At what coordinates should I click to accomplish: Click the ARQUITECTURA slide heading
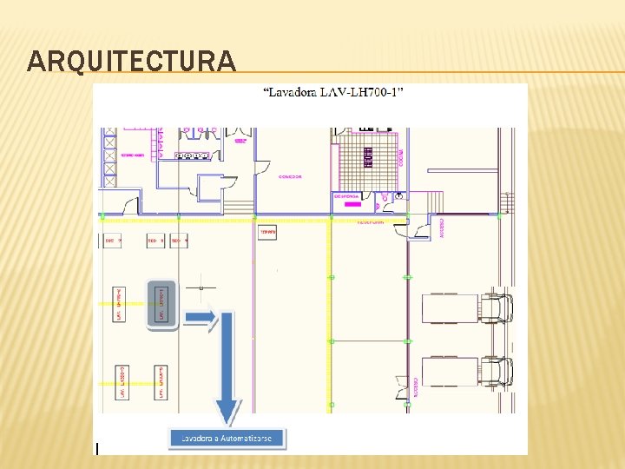(x=131, y=61)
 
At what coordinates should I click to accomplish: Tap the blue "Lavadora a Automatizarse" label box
(x=226, y=439)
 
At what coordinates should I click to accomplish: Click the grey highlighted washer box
(x=161, y=304)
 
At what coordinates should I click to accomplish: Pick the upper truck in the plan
(x=466, y=307)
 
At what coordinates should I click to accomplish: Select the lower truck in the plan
(x=466, y=371)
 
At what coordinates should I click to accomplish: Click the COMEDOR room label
(x=290, y=176)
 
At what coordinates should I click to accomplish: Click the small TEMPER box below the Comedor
(x=267, y=233)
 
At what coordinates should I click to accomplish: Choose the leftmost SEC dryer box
(x=114, y=240)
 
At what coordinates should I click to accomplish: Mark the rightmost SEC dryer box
(x=181, y=240)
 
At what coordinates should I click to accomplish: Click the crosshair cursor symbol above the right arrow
(x=201, y=286)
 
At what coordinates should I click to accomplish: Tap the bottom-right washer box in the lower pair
(x=160, y=382)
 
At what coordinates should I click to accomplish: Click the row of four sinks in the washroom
(x=194, y=155)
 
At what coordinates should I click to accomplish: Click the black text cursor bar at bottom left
(x=97, y=448)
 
